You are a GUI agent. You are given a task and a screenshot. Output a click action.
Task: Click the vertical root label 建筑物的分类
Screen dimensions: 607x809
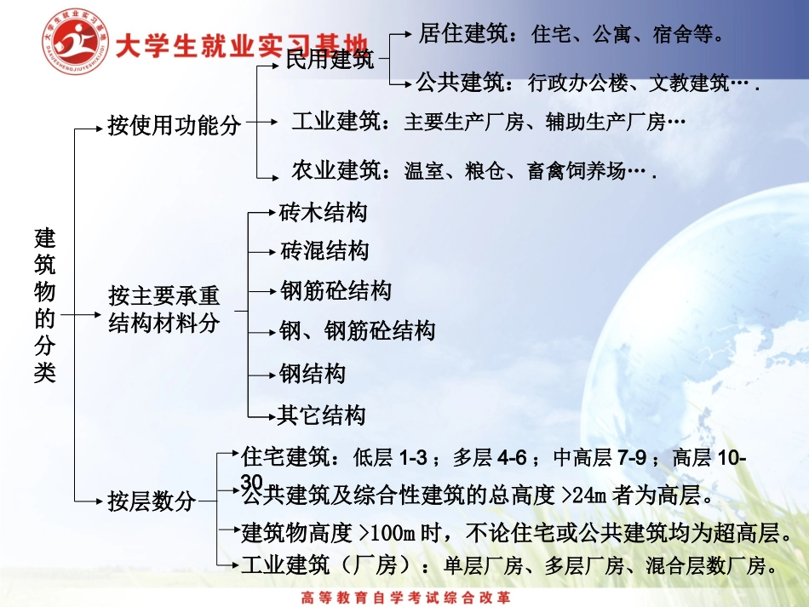pos(45,305)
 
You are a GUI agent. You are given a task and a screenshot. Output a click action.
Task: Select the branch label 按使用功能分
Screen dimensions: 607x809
pos(174,127)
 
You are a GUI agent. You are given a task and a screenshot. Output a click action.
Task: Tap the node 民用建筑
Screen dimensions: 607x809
pos(330,60)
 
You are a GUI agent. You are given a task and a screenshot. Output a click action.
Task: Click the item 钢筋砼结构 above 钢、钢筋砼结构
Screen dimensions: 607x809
pos(336,291)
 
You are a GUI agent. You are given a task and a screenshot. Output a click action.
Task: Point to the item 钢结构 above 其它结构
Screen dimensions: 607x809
pos(313,374)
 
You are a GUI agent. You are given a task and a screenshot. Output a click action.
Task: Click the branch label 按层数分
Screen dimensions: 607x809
pos(152,501)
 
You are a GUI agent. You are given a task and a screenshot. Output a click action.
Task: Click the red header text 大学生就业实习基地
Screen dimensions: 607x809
pos(242,43)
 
